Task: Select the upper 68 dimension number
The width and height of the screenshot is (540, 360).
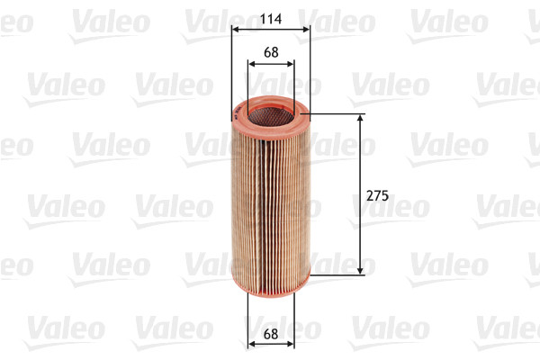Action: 270,52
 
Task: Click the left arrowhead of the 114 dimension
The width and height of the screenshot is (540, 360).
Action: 235,29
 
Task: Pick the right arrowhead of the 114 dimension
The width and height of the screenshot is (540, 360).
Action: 306,29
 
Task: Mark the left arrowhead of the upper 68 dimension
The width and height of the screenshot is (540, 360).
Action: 249,64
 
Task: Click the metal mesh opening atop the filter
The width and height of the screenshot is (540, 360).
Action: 269,112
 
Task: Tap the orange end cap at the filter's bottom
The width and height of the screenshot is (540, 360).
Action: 270,283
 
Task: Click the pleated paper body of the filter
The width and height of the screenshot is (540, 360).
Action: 270,198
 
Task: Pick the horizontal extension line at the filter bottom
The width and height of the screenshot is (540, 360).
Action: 337,274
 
